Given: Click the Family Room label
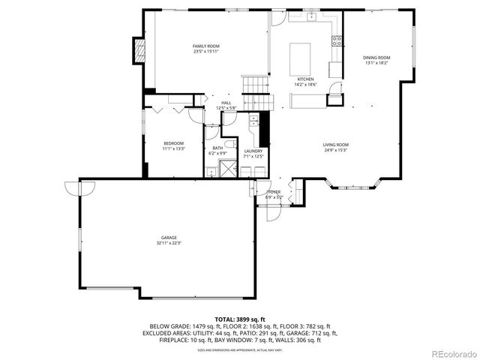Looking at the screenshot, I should point(206,46).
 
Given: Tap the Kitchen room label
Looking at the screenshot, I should point(305,79).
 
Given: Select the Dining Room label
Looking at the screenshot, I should point(376,58).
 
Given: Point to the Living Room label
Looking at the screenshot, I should point(335,145).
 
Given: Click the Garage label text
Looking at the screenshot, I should point(168,238).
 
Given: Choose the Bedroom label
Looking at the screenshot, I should point(173,143).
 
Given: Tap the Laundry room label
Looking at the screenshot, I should point(253,151).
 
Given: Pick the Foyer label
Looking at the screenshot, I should point(274,192).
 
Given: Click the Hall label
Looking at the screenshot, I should point(226,103).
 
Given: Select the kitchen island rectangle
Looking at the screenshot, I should point(300,55).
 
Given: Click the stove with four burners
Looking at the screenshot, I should point(337,41).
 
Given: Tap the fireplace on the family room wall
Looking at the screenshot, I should point(137,50).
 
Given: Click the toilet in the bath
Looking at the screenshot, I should point(230,144).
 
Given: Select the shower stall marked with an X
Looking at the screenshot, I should point(227,169).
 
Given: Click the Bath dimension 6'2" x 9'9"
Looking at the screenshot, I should point(217,153).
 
